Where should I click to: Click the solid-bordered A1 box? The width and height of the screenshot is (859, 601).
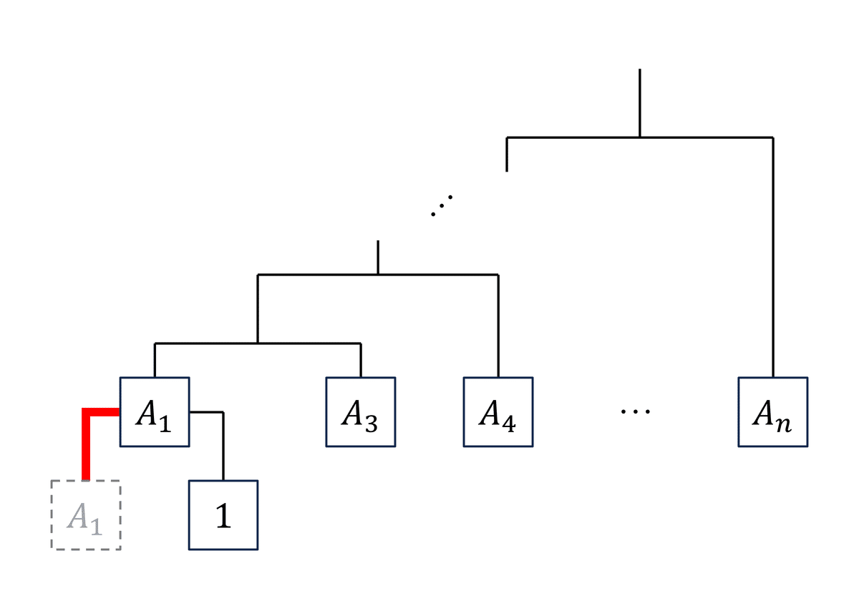(155, 411)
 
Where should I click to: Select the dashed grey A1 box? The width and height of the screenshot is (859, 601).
(85, 515)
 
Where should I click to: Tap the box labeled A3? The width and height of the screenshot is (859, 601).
(360, 411)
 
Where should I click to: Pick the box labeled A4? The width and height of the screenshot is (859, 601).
(498, 411)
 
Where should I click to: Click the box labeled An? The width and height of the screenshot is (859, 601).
(772, 411)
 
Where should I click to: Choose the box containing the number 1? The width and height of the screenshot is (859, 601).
(223, 515)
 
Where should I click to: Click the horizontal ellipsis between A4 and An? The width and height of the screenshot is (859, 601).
(635, 411)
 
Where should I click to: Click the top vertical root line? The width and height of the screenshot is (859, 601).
(639, 100)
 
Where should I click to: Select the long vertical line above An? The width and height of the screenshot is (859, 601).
(772, 258)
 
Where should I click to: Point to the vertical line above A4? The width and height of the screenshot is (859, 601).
(498, 326)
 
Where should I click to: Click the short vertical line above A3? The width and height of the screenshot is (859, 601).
(360, 360)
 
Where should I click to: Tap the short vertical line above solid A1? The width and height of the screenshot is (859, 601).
(155, 360)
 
